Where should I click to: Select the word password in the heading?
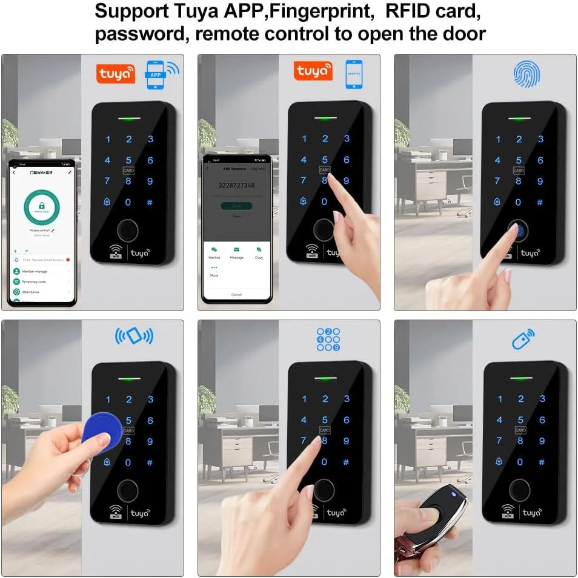(x=141, y=33)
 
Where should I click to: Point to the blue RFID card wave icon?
(x=134, y=336)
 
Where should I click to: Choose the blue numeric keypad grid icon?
(x=328, y=340)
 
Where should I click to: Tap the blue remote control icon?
(x=523, y=339)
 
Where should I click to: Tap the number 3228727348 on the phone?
(x=236, y=185)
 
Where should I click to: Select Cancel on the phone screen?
(x=236, y=294)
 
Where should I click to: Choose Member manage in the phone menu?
(x=35, y=272)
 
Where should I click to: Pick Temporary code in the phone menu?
(x=34, y=281)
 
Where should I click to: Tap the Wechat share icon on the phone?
(x=214, y=249)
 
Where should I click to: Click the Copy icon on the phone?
(x=259, y=249)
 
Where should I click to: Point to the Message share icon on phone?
(x=236, y=249)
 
